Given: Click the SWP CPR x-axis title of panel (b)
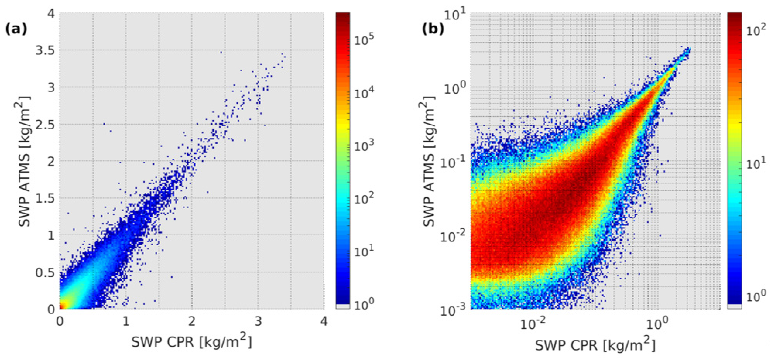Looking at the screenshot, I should click(x=595, y=345).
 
